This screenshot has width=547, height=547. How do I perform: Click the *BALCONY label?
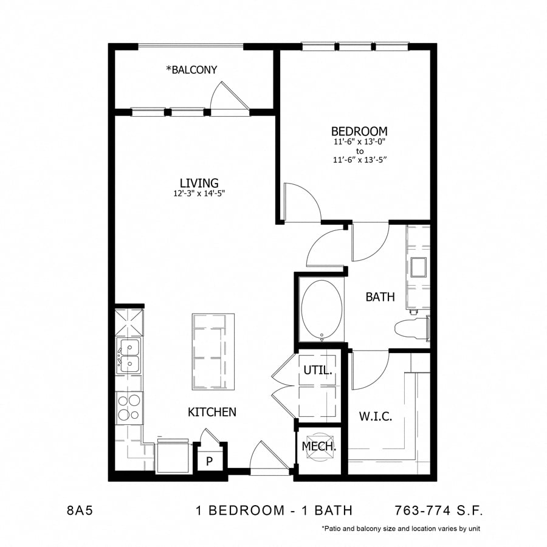pos(191,70)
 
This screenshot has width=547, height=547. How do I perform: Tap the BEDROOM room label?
pos(359,131)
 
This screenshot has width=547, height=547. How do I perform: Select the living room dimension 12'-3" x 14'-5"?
pos(199,194)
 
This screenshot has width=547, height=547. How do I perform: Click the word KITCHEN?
pos(212,412)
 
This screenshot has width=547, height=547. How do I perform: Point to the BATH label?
pos(380,297)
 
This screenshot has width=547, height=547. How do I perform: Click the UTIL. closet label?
pos(317,370)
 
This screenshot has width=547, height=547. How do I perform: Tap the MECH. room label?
pos(319,447)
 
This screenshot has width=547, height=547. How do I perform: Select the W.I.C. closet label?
pos(375,417)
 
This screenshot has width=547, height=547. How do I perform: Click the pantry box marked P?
pos(209,461)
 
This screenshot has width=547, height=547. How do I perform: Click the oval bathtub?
pos(321,309)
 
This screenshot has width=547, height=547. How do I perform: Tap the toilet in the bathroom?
pos(411,328)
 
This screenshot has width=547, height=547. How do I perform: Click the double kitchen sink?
pos(129,356)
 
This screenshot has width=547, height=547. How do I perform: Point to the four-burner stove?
pos(129,408)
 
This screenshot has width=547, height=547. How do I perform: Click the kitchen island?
pos(213,352)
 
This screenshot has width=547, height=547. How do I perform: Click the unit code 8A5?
pos(80,510)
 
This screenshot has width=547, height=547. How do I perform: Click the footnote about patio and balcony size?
pos(401,529)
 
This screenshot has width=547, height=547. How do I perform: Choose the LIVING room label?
pos(199,182)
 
